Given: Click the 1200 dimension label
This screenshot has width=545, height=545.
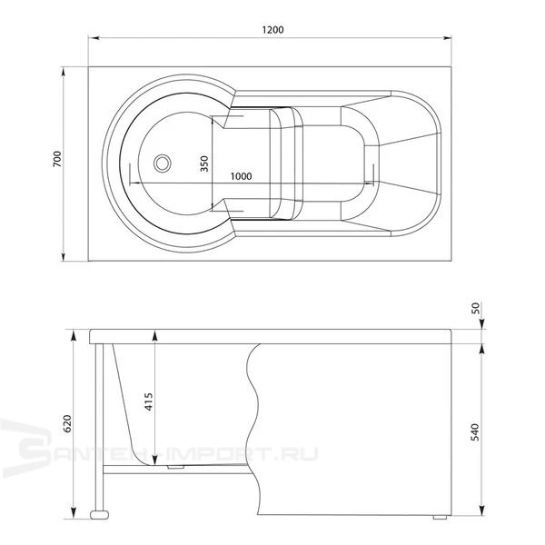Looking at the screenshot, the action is (272, 30).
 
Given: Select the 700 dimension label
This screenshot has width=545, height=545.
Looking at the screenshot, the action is (57, 159).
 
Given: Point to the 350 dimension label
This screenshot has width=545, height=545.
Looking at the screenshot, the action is (204, 163).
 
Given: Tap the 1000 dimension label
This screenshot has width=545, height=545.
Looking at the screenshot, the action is (242, 176).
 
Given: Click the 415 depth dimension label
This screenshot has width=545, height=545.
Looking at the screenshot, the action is (149, 401).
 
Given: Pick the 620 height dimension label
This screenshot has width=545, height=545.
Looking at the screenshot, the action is (67, 423).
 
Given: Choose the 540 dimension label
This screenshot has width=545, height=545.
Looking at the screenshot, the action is (475, 432).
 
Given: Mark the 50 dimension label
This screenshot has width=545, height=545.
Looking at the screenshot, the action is (475, 308).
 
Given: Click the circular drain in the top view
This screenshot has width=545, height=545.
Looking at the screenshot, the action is (163, 163).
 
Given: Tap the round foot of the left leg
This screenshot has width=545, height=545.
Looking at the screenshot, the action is (99, 514).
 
